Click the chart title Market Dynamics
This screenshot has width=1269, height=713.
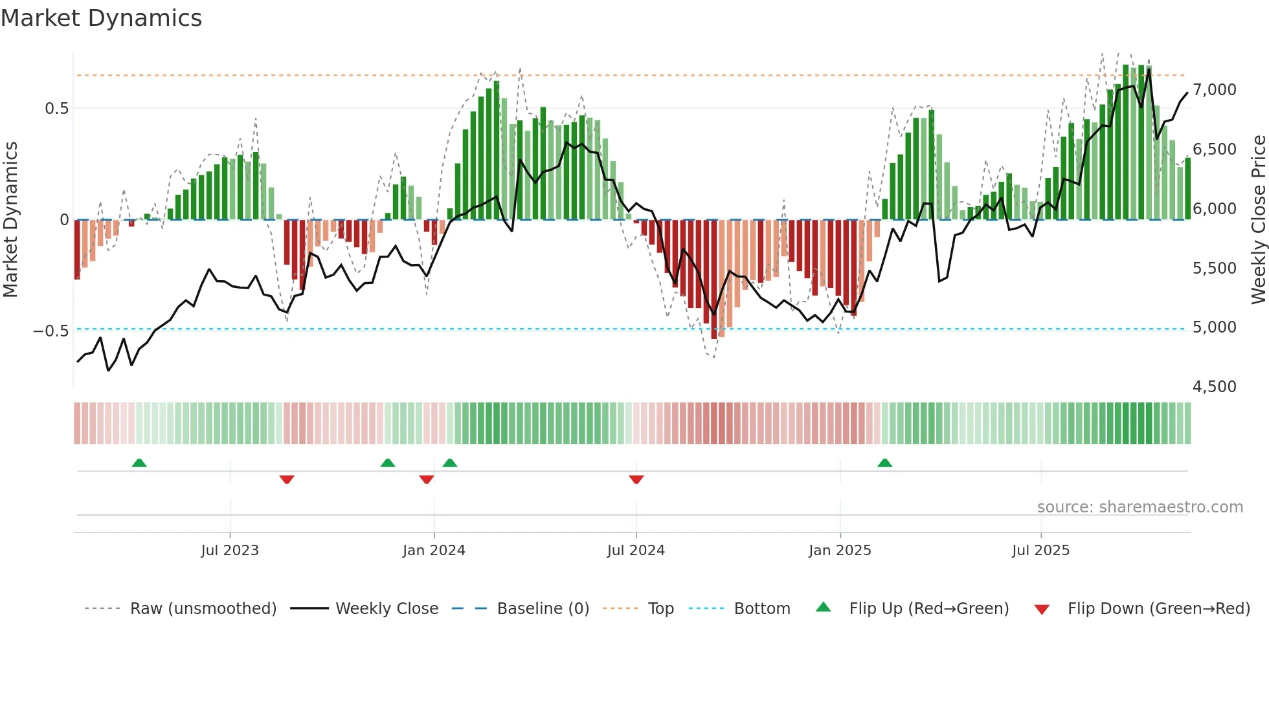pyautogui.click(x=101, y=18)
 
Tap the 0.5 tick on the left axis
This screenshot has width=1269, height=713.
pyautogui.click(x=56, y=108)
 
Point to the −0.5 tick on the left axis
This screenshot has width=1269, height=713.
pyautogui.click(x=51, y=331)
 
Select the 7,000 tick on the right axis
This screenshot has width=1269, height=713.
pyautogui.click(x=1214, y=90)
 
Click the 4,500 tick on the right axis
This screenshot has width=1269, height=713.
pyautogui.click(x=1214, y=387)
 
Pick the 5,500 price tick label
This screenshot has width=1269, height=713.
pyautogui.click(x=1214, y=269)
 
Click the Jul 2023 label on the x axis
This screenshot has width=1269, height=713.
pyautogui.click(x=230, y=551)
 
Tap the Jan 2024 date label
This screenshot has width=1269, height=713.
pyautogui.click(x=434, y=551)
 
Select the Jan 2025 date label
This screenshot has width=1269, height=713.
pyautogui.click(x=840, y=551)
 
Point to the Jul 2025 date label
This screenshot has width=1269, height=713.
pyautogui.click(x=1040, y=551)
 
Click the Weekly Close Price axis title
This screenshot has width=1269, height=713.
pyautogui.click(x=1258, y=219)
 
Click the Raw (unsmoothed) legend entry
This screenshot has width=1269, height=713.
pyautogui.click(x=203, y=609)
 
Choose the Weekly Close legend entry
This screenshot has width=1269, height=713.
pyautogui.click(x=387, y=609)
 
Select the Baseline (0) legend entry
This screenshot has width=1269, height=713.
pyautogui.click(x=543, y=609)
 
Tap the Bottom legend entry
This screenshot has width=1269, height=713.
pyautogui.click(x=761, y=609)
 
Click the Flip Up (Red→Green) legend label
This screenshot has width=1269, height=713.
pyautogui.click(x=928, y=609)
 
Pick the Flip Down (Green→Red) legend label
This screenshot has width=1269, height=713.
pyautogui.click(x=1158, y=609)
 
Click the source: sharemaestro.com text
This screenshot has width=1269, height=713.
pyautogui.click(x=1140, y=507)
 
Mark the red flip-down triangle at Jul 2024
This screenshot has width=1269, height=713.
pyautogui.click(x=636, y=479)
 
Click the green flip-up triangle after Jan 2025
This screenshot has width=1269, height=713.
pyautogui.click(x=884, y=463)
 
